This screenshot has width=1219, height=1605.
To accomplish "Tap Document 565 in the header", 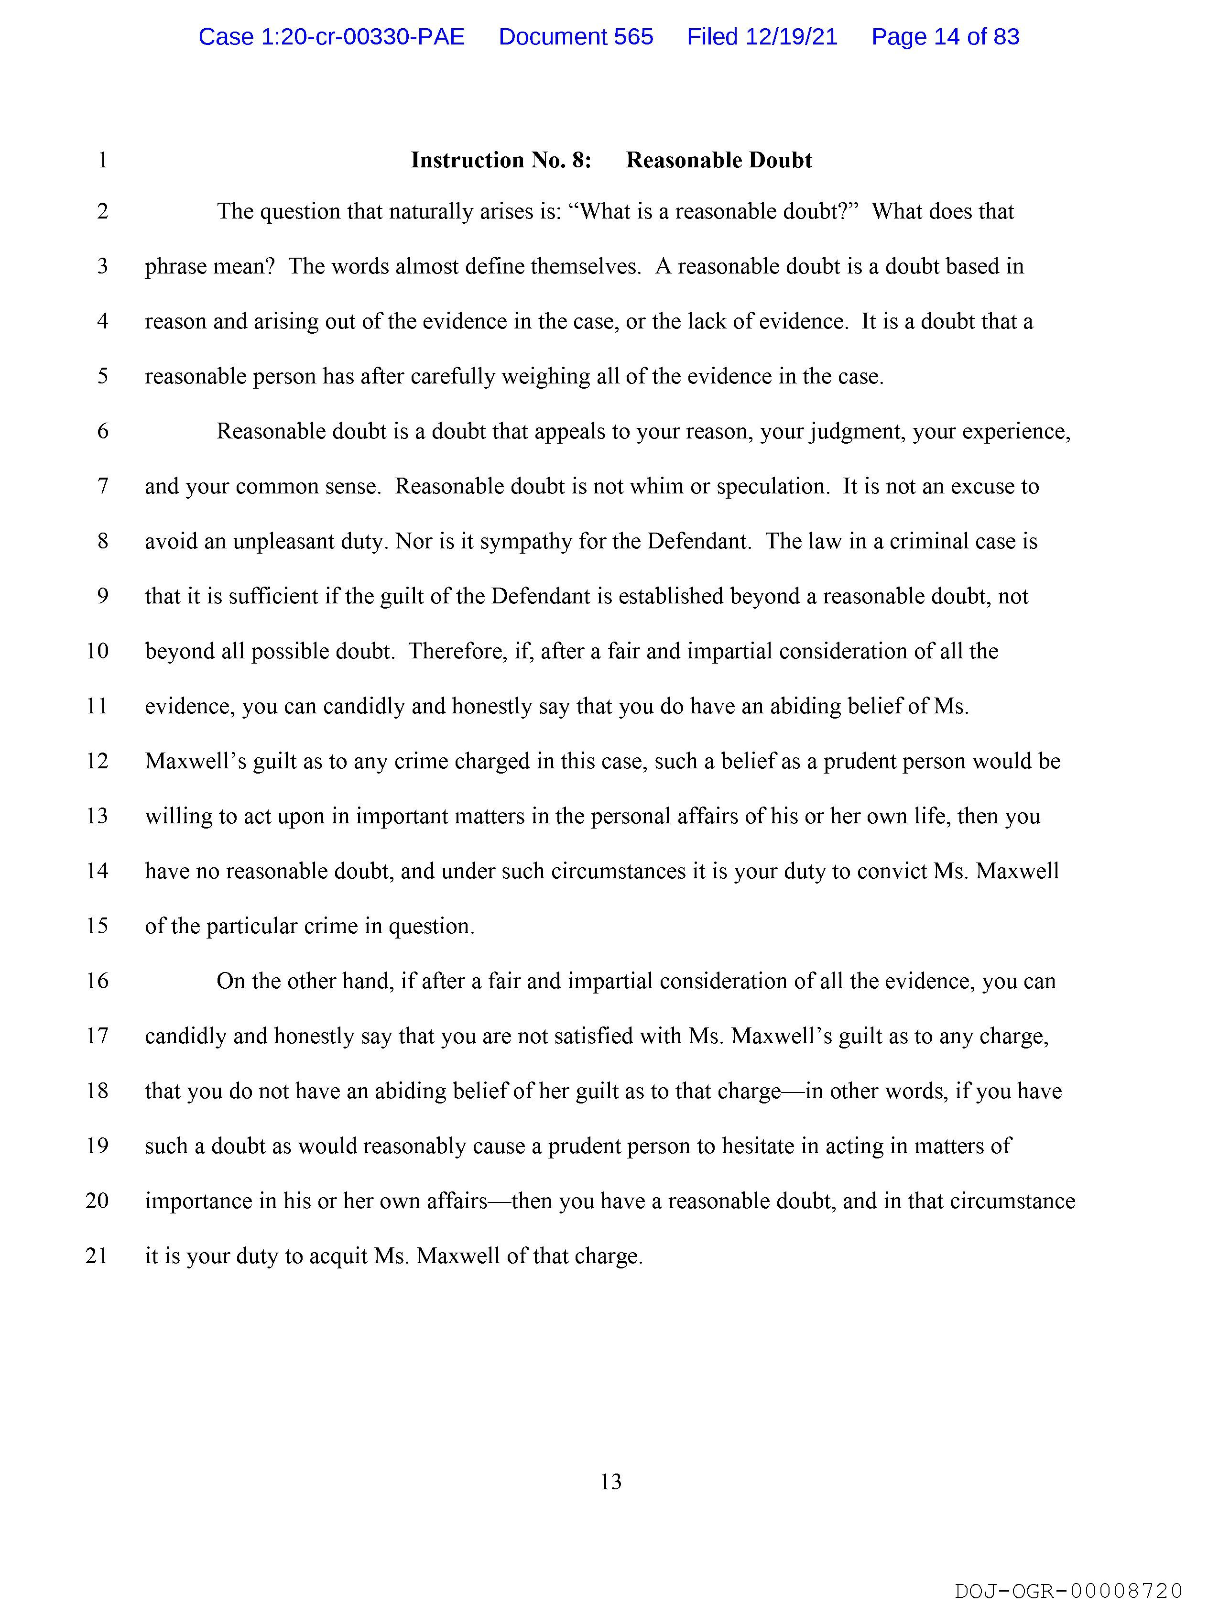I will [576, 37].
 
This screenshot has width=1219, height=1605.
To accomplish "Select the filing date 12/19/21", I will [762, 37].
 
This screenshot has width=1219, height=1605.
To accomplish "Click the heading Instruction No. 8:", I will [501, 160].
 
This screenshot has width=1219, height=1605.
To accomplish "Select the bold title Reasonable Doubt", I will [718, 160].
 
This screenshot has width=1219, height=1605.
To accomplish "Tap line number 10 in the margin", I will [97, 651].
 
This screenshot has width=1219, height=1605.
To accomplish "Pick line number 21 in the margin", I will [97, 1256].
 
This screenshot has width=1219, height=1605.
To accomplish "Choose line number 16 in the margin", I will [97, 981].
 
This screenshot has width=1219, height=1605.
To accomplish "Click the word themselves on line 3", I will [585, 267].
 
